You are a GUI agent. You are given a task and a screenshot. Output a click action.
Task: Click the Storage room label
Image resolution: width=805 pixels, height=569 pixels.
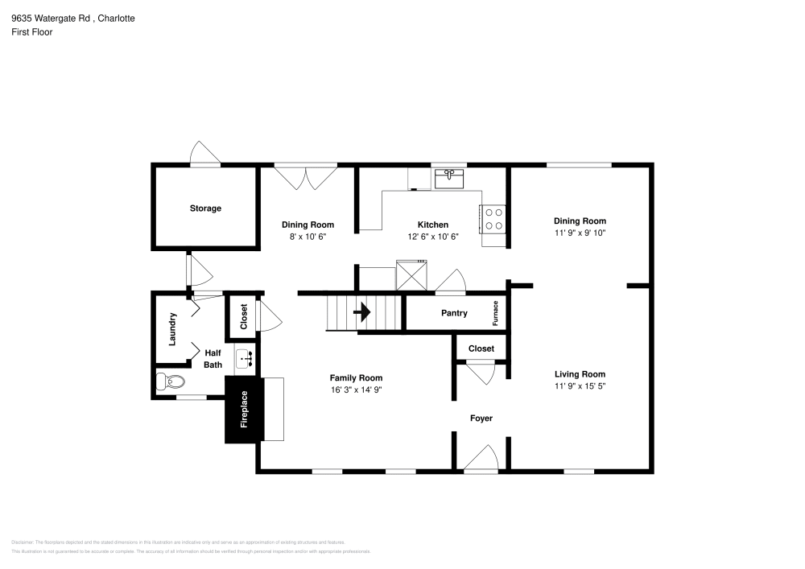(x=205, y=208)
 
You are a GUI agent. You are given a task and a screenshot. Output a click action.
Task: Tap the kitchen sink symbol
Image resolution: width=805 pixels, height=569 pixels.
(x=449, y=178)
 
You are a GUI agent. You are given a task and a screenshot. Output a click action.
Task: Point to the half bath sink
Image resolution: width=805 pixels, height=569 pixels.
(x=245, y=357)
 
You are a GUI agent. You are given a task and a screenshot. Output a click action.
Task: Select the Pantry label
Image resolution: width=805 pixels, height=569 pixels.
(x=454, y=313)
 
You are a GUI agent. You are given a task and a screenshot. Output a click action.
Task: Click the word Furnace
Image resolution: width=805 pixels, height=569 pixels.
(x=497, y=314)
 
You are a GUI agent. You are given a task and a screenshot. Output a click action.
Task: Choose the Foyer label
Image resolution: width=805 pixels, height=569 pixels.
(x=481, y=419)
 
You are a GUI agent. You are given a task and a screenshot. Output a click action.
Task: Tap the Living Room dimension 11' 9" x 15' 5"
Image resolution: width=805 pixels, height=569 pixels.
(x=580, y=386)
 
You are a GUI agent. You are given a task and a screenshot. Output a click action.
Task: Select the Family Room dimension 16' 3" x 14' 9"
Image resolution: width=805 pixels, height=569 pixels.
(x=356, y=390)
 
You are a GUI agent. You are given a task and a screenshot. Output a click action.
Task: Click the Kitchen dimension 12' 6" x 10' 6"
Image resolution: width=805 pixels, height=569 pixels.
(x=432, y=237)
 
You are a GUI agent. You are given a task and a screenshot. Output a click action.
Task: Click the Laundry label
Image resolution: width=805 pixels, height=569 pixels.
(x=172, y=329)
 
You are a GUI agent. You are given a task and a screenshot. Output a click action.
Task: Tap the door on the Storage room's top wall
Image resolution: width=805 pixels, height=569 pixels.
(x=204, y=155)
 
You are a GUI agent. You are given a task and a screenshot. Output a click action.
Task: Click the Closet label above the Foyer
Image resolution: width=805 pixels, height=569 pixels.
(x=481, y=348)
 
